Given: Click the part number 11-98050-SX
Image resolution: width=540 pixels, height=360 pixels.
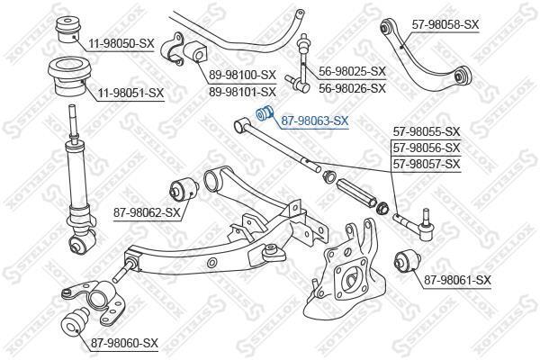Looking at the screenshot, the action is pyautogui.click(x=121, y=44).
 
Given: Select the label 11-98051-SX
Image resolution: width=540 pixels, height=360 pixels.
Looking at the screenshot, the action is pyautogui.click(x=130, y=93).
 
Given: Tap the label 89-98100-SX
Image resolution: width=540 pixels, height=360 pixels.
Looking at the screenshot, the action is pyautogui.click(x=243, y=75).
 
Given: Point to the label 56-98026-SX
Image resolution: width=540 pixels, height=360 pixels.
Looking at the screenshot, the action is pyautogui.click(x=352, y=88).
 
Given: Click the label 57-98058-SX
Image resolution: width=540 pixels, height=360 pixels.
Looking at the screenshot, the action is pyautogui.click(x=445, y=24).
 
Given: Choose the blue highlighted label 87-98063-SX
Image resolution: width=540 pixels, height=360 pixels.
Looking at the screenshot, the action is pyautogui.click(x=315, y=121).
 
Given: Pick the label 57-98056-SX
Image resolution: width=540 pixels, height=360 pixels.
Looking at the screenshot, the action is pyautogui.click(x=427, y=148).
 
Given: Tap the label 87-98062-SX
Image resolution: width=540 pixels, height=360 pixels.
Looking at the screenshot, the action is pyautogui.click(x=147, y=212).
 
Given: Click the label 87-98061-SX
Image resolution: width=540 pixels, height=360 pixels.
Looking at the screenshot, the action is pyautogui.click(x=457, y=280).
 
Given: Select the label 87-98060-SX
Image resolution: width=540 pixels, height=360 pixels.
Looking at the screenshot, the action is pyautogui.click(x=124, y=343).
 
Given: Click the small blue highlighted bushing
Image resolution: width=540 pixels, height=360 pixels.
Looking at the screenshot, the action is pyautogui.click(x=264, y=113).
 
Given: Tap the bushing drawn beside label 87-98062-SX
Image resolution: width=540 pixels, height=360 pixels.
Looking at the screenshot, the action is pyautogui.click(x=184, y=189).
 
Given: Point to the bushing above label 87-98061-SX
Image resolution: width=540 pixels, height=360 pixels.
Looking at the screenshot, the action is pyautogui.click(x=408, y=262).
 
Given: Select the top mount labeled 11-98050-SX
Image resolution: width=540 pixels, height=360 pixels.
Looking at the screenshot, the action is pyautogui.click(x=68, y=31).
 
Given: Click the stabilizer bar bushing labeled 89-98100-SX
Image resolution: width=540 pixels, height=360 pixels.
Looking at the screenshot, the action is pyautogui.click(x=196, y=52).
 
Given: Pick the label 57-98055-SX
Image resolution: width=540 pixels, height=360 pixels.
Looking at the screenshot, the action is pyautogui.click(x=427, y=131).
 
